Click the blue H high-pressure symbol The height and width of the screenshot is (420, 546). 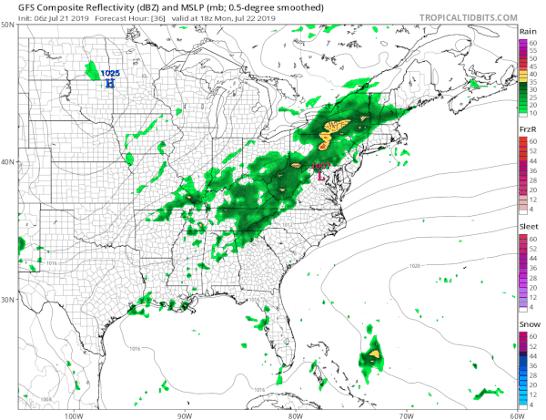(110, 83)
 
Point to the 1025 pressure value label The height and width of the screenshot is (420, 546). (110, 73)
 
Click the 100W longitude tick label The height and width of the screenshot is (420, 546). (75, 415)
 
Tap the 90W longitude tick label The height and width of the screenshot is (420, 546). (185, 415)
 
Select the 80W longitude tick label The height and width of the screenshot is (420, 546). (295, 415)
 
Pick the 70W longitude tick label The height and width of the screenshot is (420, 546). (405, 415)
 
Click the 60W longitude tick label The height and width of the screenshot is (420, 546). (515, 415)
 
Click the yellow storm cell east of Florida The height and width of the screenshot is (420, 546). (374, 353)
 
